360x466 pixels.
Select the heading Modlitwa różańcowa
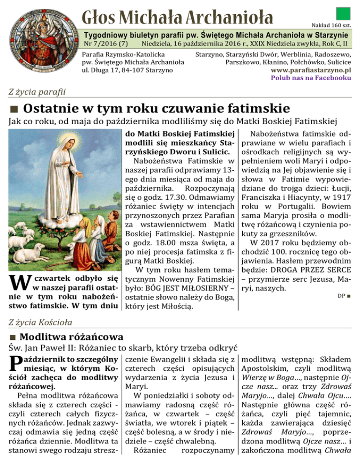[72, 337]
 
